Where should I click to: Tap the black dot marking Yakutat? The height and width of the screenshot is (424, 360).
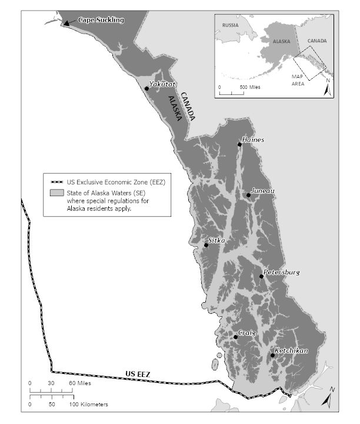(146, 88)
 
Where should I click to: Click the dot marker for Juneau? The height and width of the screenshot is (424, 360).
(249, 196)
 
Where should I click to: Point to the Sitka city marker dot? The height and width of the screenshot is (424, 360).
(206, 245)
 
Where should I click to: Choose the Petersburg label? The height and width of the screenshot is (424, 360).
(282, 272)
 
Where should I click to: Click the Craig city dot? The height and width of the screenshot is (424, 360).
(235, 337)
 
